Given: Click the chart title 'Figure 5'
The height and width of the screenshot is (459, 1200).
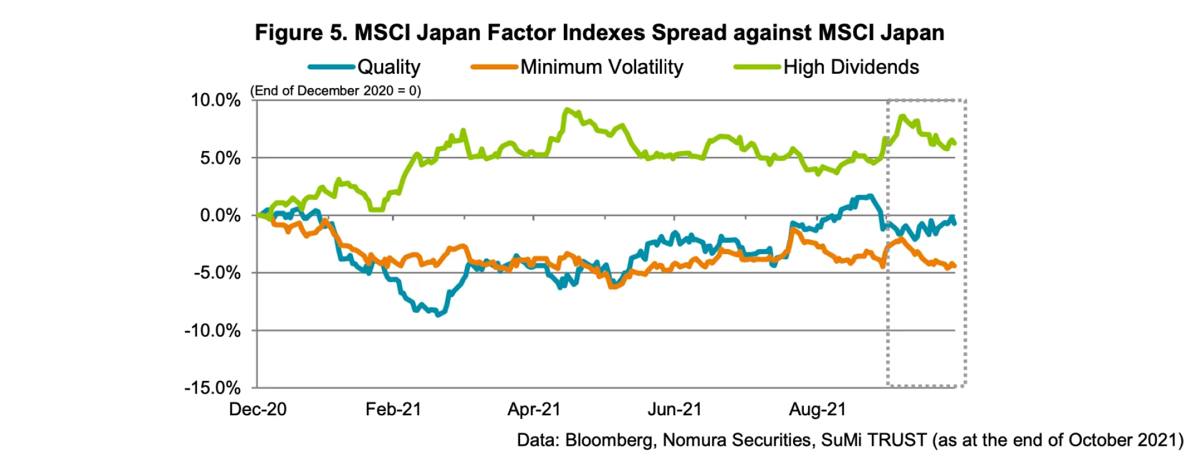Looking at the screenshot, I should [x=599, y=32].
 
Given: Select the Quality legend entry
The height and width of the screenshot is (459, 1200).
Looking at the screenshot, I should [x=388, y=67].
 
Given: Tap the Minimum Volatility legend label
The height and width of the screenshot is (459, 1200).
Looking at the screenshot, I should [x=601, y=67].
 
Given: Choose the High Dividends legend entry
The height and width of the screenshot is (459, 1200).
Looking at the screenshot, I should [x=851, y=67].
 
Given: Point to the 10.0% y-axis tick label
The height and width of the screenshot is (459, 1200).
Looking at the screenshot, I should [x=216, y=100].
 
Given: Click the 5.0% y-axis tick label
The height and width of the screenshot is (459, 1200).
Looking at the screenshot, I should [x=220, y=158].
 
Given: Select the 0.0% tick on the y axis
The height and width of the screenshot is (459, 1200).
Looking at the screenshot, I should [x=220, y=215].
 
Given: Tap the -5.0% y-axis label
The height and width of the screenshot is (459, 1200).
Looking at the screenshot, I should [x=217, y=273].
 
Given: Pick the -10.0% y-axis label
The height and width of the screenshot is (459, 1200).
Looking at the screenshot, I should [x=212, y=330].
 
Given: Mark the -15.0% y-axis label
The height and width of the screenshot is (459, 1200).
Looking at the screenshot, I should [x=212, y=388].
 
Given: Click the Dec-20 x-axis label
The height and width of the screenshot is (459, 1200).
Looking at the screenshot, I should [x=257, y=410].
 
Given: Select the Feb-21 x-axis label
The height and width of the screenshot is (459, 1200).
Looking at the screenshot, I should [x=393, y=410].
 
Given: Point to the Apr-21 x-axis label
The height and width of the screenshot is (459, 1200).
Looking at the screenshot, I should [x=534, y=410].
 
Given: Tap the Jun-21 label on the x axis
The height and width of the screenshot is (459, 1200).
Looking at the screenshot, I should [x=674, y=410].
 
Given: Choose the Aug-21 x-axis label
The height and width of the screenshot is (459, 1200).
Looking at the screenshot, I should [x=817, y=410].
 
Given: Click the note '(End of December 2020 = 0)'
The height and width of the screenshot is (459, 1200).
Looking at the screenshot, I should [x=336, y=91].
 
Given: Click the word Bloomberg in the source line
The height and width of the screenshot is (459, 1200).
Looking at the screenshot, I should [x=610, y=440].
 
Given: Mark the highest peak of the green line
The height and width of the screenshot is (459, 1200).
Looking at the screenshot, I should [x=567, y=110].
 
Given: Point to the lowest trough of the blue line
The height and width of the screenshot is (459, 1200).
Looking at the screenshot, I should [x=437, y=315].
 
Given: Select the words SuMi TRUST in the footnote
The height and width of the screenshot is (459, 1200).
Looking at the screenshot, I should [x=874, y=440].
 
